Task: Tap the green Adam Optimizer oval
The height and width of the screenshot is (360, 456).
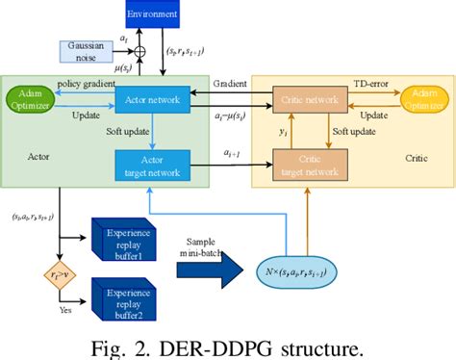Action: coord(31,98)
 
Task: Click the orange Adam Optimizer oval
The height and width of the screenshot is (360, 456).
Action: coord(423,98)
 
